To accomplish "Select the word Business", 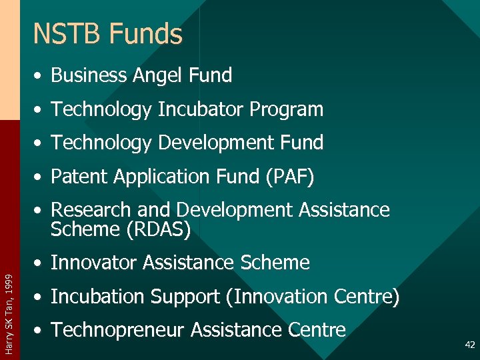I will (89, 75).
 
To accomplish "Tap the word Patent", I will (78, 176).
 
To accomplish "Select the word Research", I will (92, 209).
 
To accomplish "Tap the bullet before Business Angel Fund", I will (41, 76).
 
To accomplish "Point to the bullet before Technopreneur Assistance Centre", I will (41, 330).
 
